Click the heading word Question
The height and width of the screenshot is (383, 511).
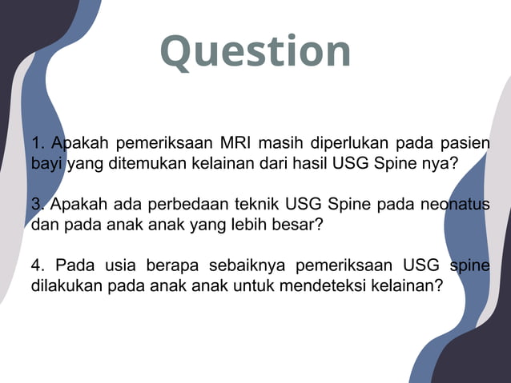coord(255,51)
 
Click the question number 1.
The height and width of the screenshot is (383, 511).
coord(37,145)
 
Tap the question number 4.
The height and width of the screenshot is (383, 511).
coord(37,265)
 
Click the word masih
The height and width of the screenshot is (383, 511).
coord(276,145)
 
